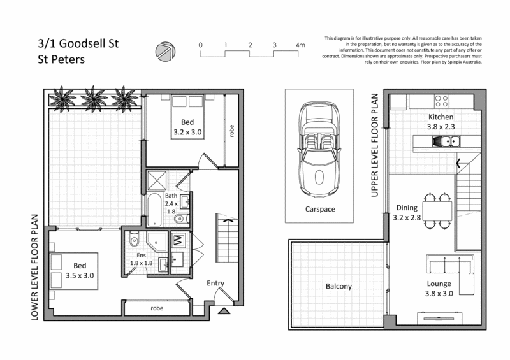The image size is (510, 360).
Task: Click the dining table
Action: [437, 210]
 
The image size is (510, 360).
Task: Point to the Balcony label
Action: [338, 287]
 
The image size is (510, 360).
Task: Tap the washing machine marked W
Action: [178, 241]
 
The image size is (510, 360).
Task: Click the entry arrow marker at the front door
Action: [225, 311]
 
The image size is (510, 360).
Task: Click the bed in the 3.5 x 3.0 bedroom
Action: [70, 268]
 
